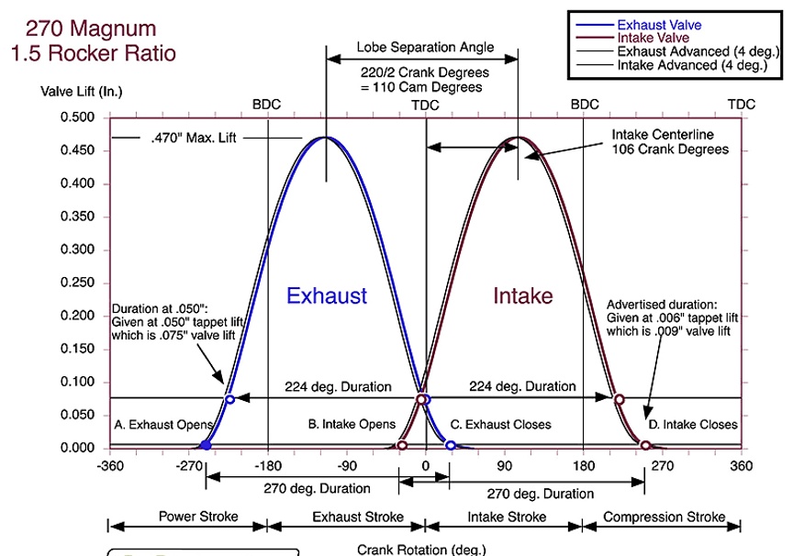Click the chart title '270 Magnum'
click(x=91, y=28)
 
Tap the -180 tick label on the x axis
click(x=267, y=465)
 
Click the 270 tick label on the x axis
click(x=662, y=465)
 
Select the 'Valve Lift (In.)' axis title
click(x=82, y=92)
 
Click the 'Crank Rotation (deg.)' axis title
click(x=421, y=550)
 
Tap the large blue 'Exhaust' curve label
click(x=327, y=295)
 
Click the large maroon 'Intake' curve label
click(x=523, y=295)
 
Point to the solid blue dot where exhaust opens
click(x=206, y=445)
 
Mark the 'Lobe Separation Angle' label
click(x=425, y=47)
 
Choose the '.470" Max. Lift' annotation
click(x=194, y=138)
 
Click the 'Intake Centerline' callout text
click(x=663, y=135)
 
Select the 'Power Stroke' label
click(x=198, y=517)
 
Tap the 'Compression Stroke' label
click(x=664, y=517)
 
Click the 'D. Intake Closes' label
click(x=693, y=425)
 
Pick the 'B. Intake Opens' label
click(x=352, y=424)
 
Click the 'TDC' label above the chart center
click(x=425, y=106)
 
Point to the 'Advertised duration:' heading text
click(x=662, y=305)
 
